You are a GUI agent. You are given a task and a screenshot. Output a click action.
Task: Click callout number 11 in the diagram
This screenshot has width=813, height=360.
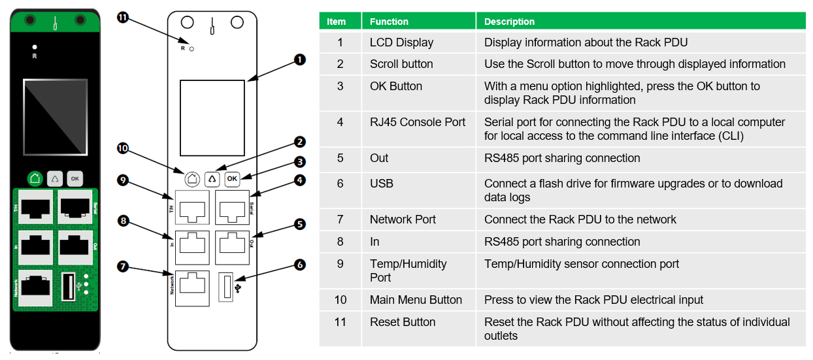tap(122, 17)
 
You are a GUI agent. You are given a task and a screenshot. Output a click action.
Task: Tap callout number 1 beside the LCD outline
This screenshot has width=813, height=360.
tap(300, 59)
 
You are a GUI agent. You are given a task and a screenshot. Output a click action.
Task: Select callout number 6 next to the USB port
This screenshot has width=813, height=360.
tap(300, 265)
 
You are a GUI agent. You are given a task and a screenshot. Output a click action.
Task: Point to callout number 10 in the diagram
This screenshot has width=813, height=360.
tap(122, 149)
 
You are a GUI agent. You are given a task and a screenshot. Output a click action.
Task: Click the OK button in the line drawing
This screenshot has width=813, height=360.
tap(232, 178)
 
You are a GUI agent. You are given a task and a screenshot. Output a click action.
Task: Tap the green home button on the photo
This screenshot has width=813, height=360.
tap(35, 178)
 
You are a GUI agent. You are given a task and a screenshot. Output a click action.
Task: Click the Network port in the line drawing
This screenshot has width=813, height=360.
tap(191, 288)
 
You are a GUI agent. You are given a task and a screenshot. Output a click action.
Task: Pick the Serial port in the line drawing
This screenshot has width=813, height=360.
tap(232, 208)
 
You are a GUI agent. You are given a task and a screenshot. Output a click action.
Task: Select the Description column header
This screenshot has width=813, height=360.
tap(509, 22)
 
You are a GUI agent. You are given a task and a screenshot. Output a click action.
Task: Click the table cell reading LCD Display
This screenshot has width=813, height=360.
tap(401, 42)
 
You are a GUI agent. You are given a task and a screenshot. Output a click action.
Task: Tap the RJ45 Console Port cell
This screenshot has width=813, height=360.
tap(418, 122)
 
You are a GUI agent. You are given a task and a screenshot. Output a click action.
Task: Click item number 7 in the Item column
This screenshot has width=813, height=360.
tap(340, 220)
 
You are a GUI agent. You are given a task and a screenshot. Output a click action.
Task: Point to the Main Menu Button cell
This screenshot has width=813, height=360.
tap(416, 300)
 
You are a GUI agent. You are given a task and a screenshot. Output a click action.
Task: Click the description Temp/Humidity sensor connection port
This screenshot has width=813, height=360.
tap(581, 264)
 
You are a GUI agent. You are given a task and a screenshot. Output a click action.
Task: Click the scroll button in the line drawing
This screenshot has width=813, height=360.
tap(212, 178)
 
